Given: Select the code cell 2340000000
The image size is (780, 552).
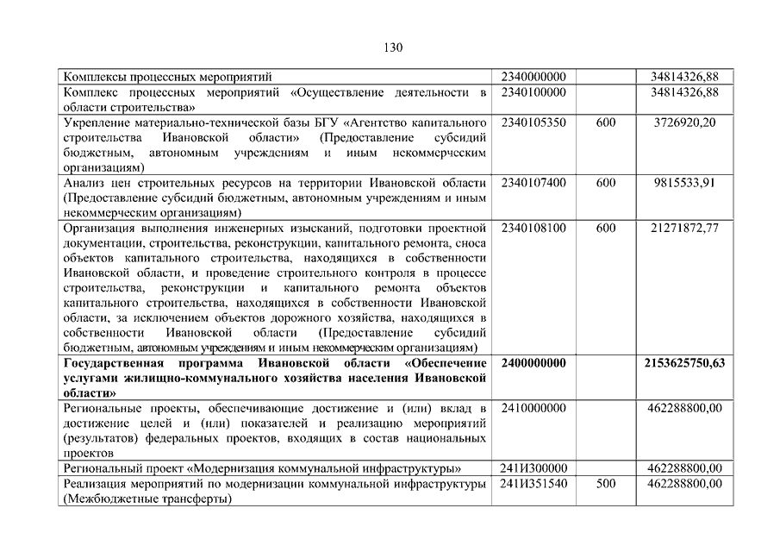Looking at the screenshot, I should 533,77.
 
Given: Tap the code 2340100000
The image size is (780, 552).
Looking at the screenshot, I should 533,91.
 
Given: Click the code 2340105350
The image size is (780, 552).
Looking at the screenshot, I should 533,122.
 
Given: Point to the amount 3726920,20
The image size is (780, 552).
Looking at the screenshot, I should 684,122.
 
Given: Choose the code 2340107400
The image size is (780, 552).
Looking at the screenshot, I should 533,183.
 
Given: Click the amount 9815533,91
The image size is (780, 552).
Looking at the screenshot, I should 684,183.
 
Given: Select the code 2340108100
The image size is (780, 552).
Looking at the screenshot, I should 533,228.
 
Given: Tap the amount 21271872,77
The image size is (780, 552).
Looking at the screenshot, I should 684,228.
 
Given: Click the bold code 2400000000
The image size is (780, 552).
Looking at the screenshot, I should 533,362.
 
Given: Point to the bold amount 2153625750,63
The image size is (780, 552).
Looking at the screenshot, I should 684,362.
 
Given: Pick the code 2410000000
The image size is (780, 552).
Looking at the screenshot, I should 533,407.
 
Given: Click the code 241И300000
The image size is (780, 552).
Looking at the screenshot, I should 533,467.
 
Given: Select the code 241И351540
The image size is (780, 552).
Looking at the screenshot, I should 533,483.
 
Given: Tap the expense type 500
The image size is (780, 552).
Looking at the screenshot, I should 605,483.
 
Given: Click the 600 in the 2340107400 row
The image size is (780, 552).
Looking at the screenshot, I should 605,183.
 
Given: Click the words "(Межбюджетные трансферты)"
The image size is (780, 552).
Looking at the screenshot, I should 147,498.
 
